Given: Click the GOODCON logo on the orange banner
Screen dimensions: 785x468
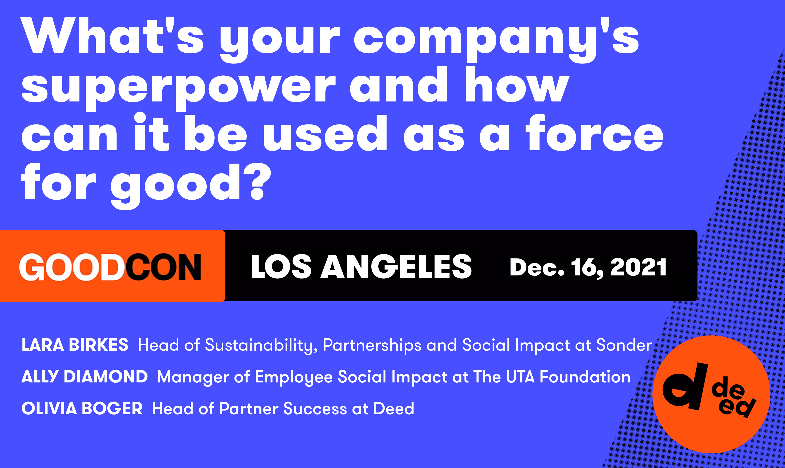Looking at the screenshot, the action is click(x=110, y=267).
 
